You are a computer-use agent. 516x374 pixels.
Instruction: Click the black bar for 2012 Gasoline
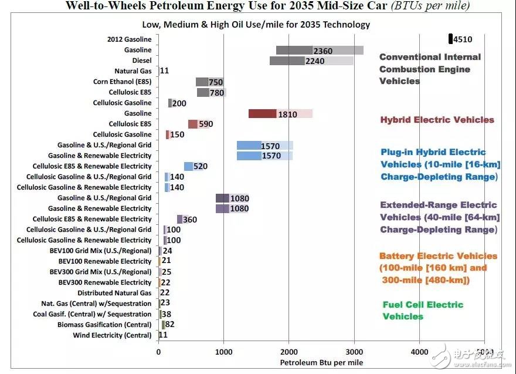[x=450, y=39]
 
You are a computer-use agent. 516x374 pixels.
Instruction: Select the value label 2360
[x=323, y=50]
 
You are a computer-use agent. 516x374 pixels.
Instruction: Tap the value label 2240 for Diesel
[x=315, y=61]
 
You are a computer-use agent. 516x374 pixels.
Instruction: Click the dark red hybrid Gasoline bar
[x=262, y=114]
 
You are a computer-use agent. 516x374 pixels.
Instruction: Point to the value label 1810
[x=287, y=114]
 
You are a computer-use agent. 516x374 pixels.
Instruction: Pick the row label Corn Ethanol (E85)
[x=122, y=82]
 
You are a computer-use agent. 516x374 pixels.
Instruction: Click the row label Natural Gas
[x=133, y=71]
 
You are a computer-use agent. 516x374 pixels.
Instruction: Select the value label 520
[x=200, y=167]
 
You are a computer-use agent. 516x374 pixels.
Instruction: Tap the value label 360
[x=190, y=220]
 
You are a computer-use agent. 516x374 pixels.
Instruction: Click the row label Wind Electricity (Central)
[x=112, y=335]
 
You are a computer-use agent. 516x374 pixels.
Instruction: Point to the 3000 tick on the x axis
[x=354, y=352]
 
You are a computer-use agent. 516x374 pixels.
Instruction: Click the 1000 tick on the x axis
[x=223, y=352]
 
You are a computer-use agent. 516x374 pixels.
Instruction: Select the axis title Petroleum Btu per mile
[x=321, y=363]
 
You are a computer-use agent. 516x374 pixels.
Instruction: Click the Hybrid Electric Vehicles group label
[x=437, y=120]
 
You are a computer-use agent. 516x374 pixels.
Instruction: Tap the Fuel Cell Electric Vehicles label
[x=422, y=311]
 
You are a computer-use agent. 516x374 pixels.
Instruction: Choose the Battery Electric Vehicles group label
[x=437, y=268]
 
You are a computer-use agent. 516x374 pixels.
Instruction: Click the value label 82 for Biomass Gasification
[x=170, y=324]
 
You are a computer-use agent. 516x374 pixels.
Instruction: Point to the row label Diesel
[x=142, y=60]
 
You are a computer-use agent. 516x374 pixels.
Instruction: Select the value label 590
[x=205, y=124]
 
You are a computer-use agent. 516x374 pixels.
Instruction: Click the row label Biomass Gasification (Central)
[x=104, y=325]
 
